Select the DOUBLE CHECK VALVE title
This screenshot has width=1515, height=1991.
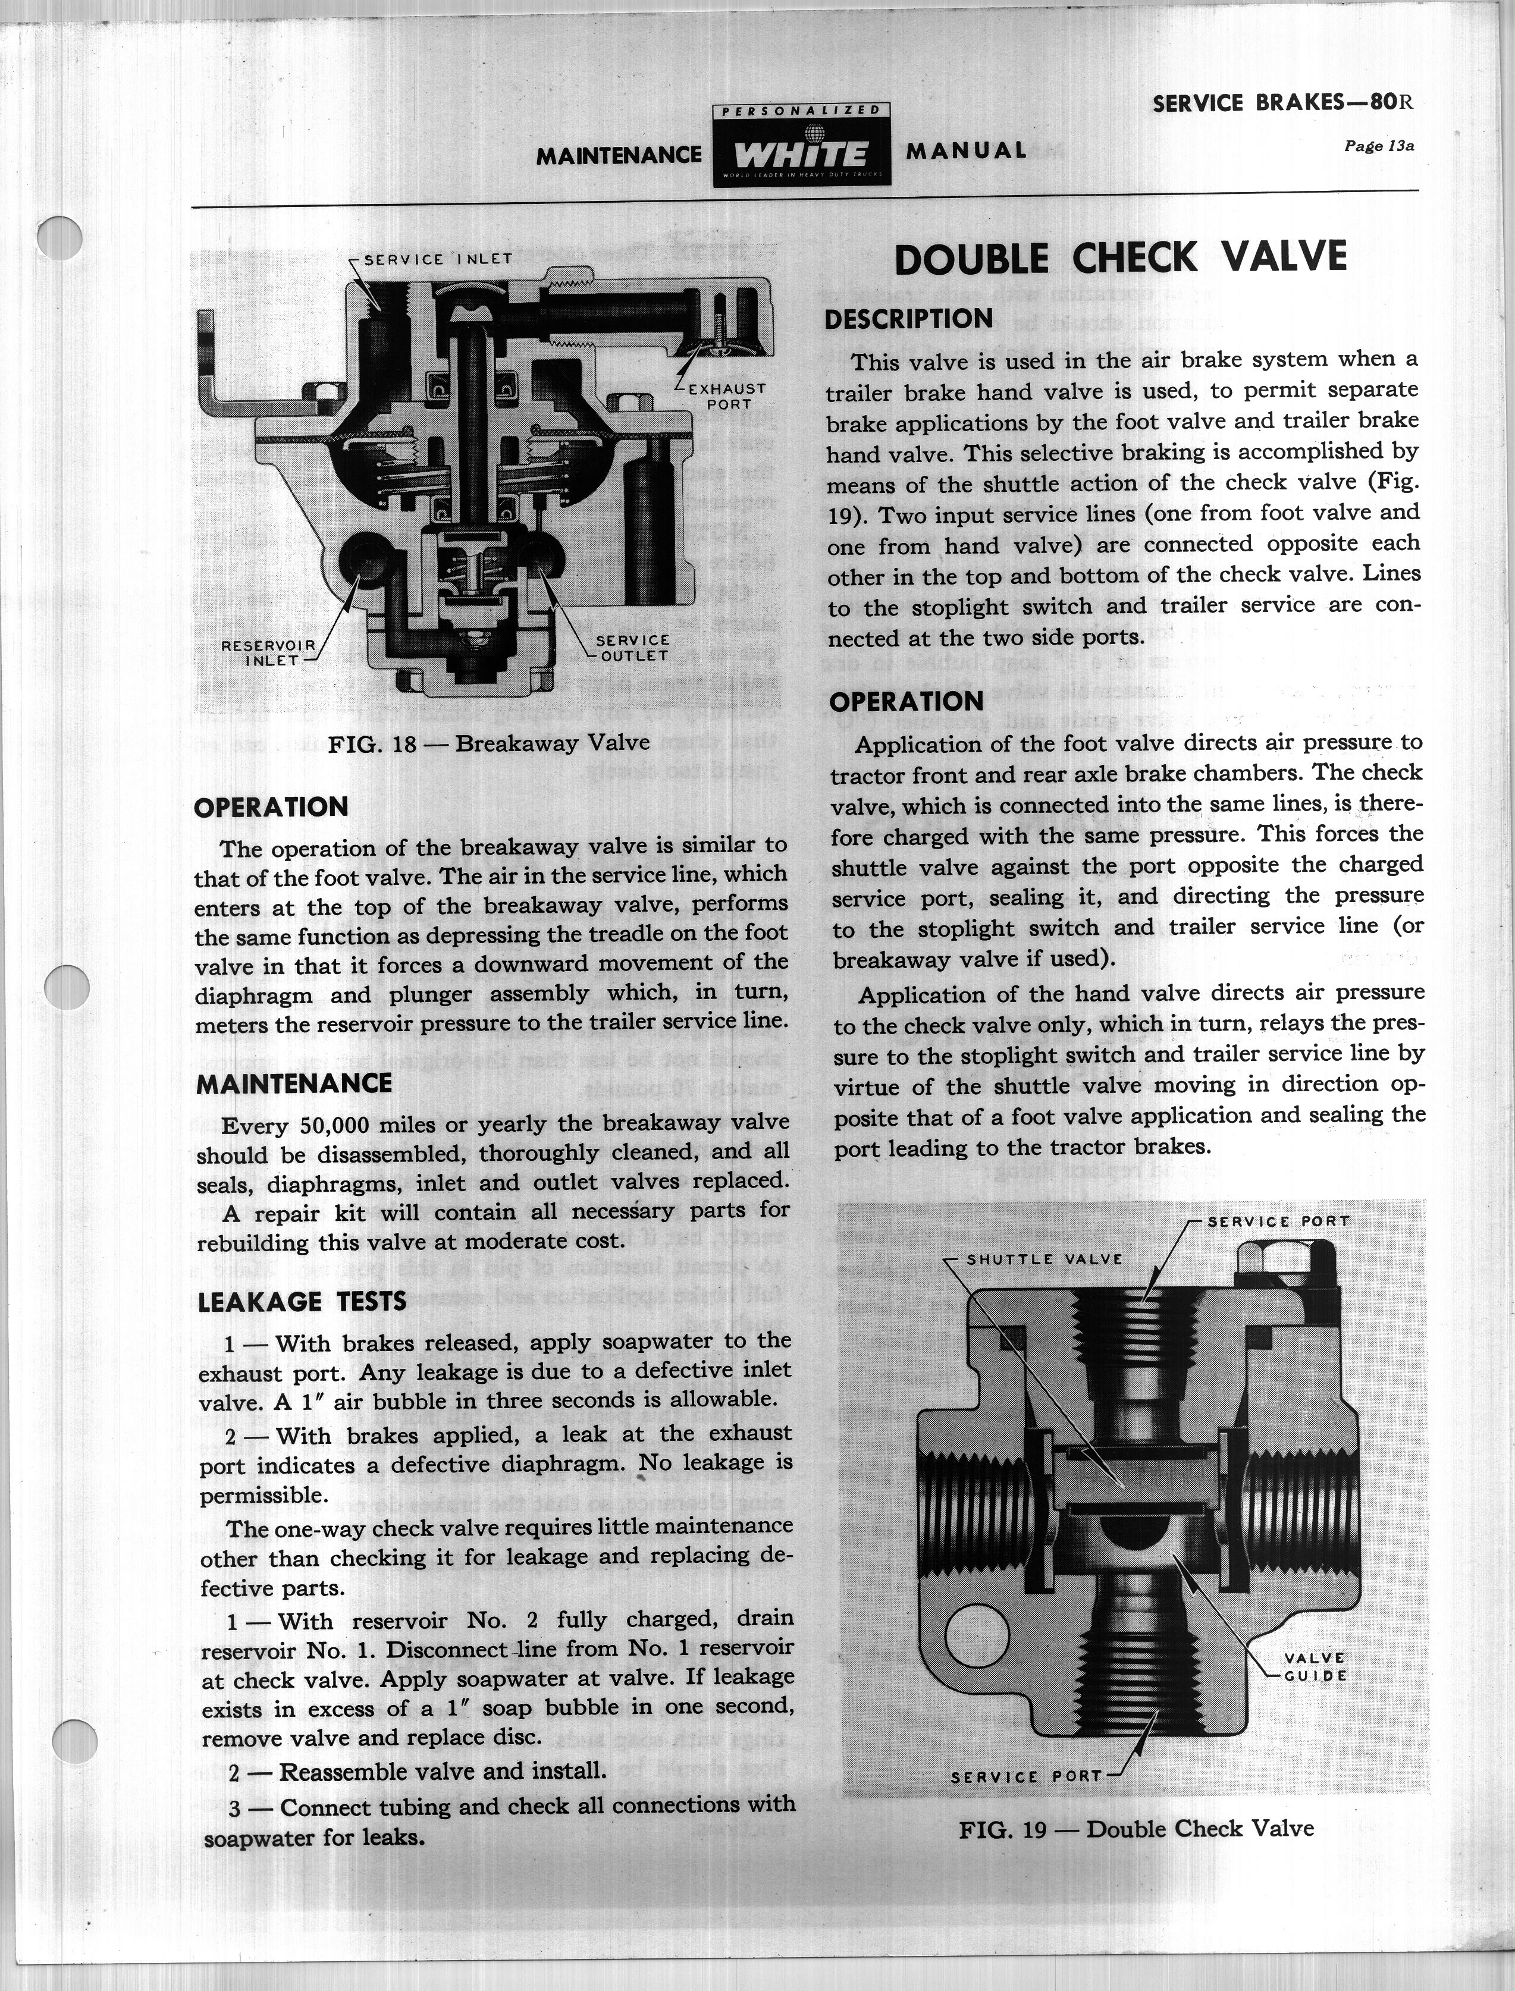[1120, 259]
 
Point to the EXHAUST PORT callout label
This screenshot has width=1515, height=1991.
[726, 397]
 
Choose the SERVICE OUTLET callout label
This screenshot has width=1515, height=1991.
[632, 648]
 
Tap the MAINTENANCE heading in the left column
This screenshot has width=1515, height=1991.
[294, 1083]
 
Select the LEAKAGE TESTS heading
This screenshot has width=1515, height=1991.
[302, 1301]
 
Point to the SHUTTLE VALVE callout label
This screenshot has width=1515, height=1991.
[1044, 1260]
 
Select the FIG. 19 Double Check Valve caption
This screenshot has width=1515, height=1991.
[1136, 1829]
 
